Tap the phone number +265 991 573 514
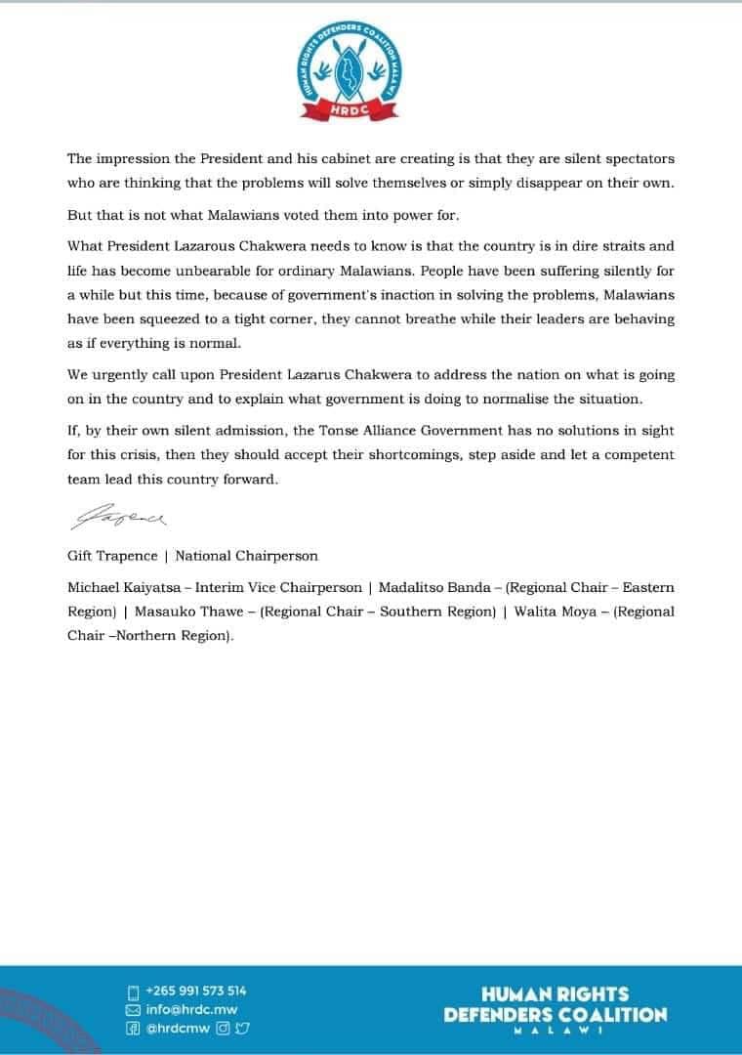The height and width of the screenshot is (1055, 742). pos(195,991)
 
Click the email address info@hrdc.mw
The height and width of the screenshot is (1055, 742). pos(191,1009)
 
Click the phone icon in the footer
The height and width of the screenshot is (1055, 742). pos(134,991)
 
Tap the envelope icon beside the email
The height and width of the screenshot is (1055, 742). pos(134,1009)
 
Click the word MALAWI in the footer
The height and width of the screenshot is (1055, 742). pos(555,1033)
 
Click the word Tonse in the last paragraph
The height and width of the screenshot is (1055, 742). pos(422,431)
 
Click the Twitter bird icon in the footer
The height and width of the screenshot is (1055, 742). pos(242,1029)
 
